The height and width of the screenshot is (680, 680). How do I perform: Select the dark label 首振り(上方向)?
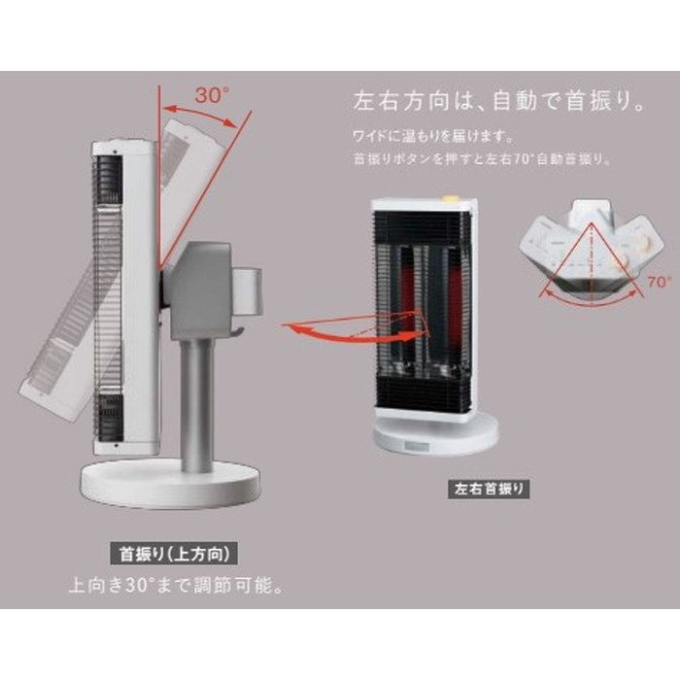point(175,555)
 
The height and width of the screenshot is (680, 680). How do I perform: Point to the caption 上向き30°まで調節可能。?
point(179,587)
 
